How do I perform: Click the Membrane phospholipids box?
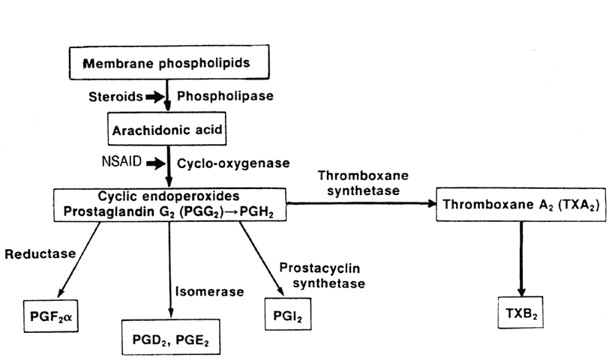[169, 64]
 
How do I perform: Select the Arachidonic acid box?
[169, 129]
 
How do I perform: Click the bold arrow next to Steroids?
[155, 97]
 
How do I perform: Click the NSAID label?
[118, 161]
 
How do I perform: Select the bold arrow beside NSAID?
[155, 161]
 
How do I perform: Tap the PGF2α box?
[50, 316]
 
